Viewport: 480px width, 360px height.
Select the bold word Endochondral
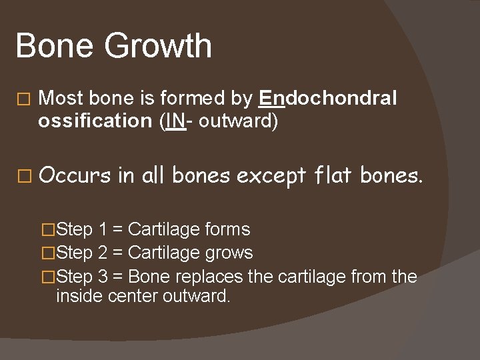pos(328,99)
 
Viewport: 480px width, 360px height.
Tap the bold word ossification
pos(95,121)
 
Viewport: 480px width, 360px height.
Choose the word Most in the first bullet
pos(61,99)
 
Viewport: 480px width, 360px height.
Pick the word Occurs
pos(75,175)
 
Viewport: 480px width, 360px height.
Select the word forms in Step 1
pos(227,230)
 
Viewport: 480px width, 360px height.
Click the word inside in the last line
pos(75,295)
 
